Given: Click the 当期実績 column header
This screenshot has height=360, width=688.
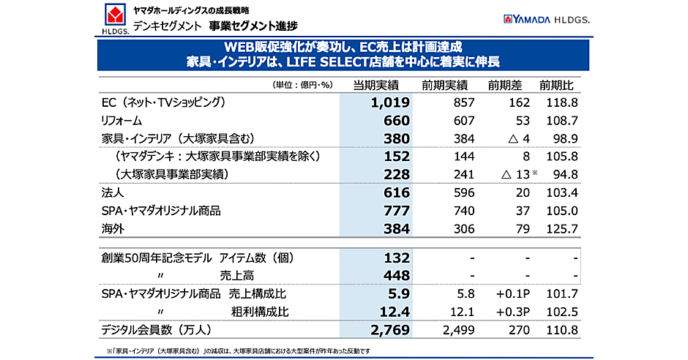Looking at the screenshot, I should pos(375,84).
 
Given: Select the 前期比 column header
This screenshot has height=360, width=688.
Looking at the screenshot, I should pos(559,84).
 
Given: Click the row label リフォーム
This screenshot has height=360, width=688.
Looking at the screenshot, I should pos(121,121).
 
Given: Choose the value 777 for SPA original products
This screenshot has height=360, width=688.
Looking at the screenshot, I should pos(396,211).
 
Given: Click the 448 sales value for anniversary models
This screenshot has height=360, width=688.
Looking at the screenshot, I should pos(396,275).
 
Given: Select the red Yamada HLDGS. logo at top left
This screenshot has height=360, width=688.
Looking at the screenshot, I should pos(116,18).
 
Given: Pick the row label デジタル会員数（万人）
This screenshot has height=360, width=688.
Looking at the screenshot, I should pos(157,330).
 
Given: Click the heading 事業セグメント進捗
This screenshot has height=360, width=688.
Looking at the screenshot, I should pos(253,26).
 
